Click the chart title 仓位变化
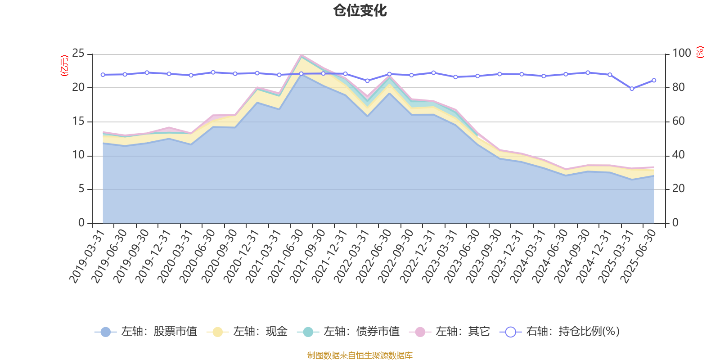(360, 10)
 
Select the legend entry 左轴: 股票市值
(146, 332)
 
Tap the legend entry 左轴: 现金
(247, 332)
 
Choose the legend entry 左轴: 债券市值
(348, 332)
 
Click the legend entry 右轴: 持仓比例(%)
(560, 332)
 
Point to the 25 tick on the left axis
(79, 54)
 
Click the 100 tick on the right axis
(681, 54)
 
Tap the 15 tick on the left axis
(79, 121)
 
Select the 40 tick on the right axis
(679, 155)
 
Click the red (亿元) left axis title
(64, 66)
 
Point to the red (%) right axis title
(700, 52)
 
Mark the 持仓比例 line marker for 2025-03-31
(632, 89)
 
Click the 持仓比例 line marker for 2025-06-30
(654, 80)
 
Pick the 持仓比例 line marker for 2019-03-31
(103, 75)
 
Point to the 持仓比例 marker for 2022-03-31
(367, 81)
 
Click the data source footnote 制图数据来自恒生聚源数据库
(360, 355)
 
